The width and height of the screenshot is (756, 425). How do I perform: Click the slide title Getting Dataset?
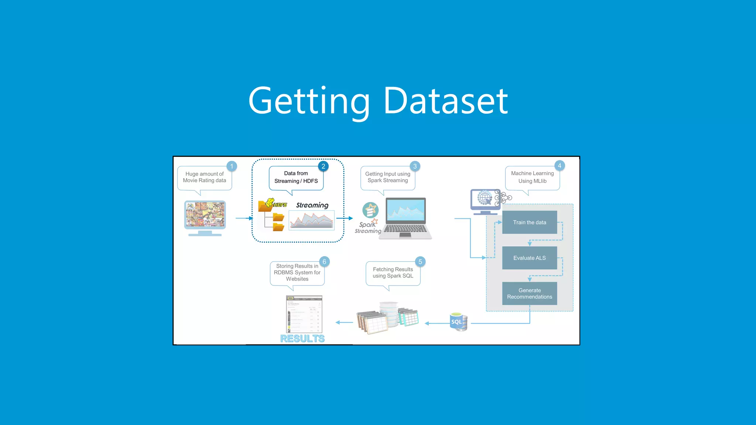pos(378,100)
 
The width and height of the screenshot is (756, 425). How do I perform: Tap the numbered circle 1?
pos(231,166)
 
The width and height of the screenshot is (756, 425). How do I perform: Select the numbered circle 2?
pos(323,166)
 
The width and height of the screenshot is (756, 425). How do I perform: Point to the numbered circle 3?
pos(415,166)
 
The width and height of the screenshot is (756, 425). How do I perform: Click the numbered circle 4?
pos(559,166)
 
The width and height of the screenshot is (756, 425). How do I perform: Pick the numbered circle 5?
pos(420,262)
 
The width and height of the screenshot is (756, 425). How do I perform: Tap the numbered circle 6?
pos(324,262)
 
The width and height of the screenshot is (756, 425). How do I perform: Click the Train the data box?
pos(529,222)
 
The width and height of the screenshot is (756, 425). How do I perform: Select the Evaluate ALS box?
pos(529,258)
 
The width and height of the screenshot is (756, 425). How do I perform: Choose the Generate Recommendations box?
pos(529,294)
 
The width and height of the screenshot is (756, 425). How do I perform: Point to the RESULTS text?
pos(302,339)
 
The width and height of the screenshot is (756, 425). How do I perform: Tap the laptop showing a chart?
pos(406,218)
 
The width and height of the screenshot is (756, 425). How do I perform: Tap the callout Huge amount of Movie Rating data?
pos(205,177)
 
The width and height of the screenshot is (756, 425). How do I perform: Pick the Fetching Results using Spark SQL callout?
pos(393,273)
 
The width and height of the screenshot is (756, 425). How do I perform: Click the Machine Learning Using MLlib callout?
pos(532,177)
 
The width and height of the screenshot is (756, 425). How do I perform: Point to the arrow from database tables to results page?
pos(344,322)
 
